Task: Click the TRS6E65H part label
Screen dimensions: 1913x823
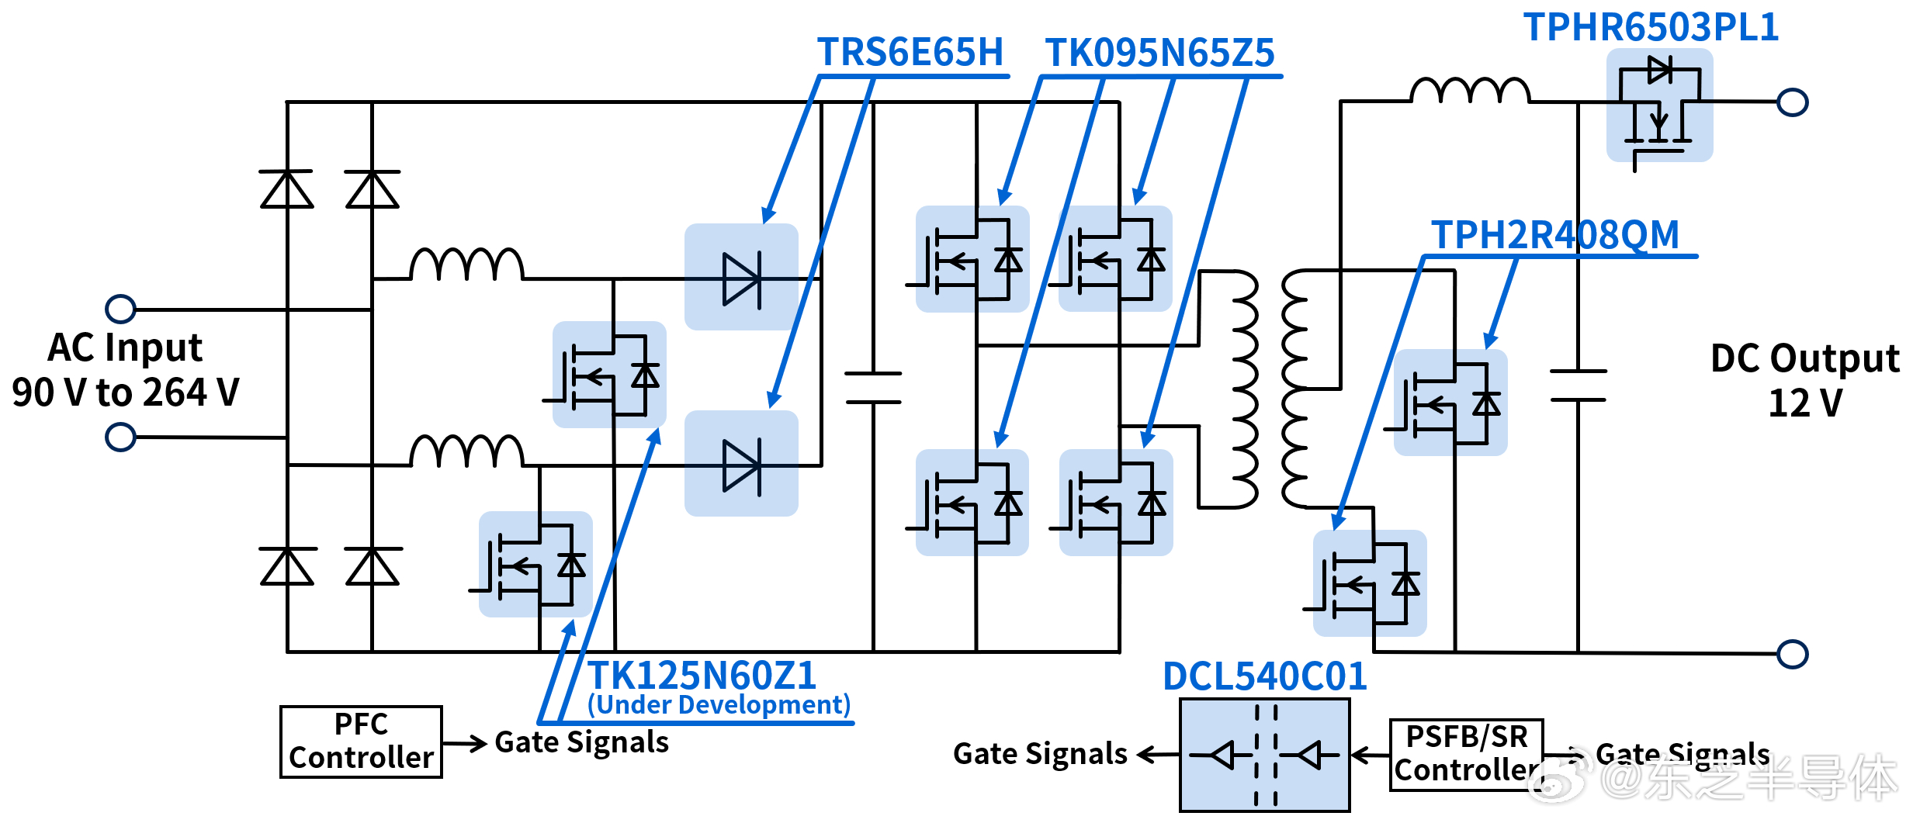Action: click(x=910, y=53)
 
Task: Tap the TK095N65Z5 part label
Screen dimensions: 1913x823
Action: click(x=1159, y=53)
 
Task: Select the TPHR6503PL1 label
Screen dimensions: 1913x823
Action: click(x=1651, y=27)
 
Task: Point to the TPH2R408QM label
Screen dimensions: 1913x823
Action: click(x=1555, y=234)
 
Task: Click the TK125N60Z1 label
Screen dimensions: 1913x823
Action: click(x=702, y=675)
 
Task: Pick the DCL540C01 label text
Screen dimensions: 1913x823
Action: click(x=1265, y=676)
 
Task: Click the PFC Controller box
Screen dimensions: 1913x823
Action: click(x=361, y=742)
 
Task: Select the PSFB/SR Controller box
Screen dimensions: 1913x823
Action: click(x=1466, y=755)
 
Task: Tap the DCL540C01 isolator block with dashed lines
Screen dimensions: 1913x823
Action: click(x=1265, y=755)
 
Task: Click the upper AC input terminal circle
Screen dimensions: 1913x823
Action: click(x=120, y=309)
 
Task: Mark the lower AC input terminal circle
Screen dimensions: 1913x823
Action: click(x=120, y=437)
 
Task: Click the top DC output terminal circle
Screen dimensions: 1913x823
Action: click(x=1793, y=102)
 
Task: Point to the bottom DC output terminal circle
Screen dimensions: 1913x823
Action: click(x=1793, y=654)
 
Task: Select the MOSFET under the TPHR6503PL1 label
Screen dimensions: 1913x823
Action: click(x=1659, y=105)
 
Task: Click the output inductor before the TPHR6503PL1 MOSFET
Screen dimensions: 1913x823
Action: click(x=1470, y=90)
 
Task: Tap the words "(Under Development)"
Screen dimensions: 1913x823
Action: click(x=719, y=704)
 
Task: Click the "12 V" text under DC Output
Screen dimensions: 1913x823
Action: click(x=1805, y=403)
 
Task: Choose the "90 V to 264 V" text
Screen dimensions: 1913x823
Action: click(x=126, y=392)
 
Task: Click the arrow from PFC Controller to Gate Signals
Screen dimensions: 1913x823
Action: click(x=465, y=743)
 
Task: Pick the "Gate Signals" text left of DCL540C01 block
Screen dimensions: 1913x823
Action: click(x=1040, y=753)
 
